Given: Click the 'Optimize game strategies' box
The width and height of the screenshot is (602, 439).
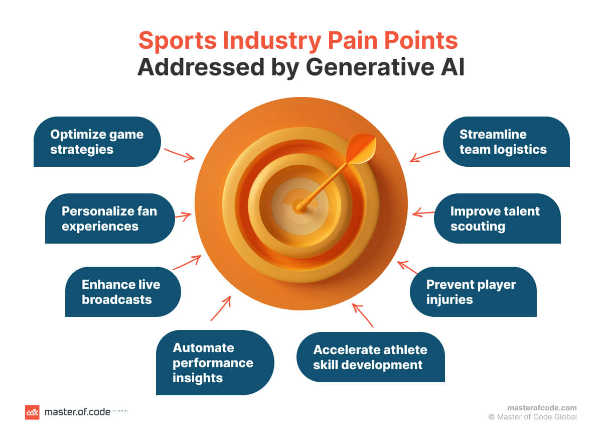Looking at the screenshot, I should point(97,142).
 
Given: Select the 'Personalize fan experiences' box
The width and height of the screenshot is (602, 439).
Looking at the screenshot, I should point(109,218).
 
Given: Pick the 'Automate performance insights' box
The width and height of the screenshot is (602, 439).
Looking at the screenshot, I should point(215,362).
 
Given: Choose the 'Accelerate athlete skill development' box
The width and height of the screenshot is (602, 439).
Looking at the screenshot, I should point(370,357).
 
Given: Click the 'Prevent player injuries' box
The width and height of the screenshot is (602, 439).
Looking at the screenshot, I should point(473,292).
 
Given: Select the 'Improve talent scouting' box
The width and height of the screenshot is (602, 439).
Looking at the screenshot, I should point(497,218).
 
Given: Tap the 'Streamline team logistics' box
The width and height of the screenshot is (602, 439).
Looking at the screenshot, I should point(506,142).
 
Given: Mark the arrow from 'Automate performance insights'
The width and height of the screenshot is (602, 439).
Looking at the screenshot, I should point(221,308).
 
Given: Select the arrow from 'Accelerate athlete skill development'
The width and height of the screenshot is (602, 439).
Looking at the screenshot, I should point(362,315).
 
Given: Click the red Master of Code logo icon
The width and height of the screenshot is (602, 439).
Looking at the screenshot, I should point(32,412).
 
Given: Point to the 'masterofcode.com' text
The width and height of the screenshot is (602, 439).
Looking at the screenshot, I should point(542,408).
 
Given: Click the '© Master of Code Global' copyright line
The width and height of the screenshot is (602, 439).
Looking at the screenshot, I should point(532,417).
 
